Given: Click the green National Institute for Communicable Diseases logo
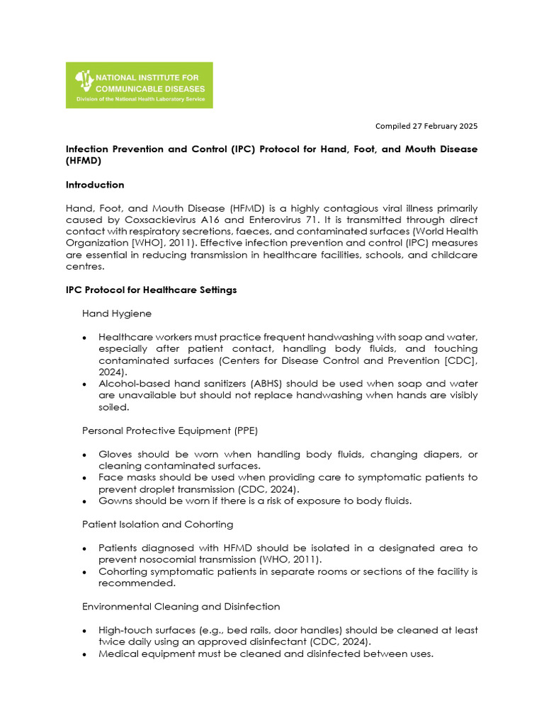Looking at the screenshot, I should point(139,85).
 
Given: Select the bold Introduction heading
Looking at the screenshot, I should point(95,185).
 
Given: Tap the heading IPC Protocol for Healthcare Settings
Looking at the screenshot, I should point(151,290).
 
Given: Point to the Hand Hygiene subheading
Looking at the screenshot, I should point(116,312).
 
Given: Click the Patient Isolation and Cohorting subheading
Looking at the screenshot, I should point(157,524).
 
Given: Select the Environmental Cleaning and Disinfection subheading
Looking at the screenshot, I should point(181,606).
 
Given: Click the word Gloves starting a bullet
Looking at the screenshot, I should point(114,454).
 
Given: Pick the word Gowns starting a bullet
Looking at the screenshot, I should point(115,501).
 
